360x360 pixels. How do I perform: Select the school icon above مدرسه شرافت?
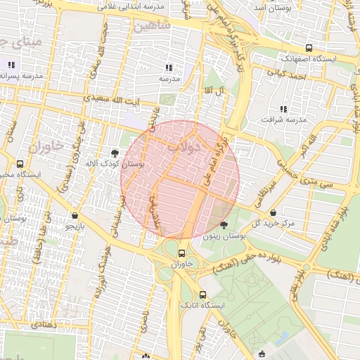(283, 109)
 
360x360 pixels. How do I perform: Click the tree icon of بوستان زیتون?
(224, 225)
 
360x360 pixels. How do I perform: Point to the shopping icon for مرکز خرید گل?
(273, 212)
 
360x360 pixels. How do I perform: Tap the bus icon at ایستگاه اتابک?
(203, 295)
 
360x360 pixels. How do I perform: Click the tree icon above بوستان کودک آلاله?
(114, 152)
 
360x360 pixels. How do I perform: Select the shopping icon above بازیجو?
(75, 215)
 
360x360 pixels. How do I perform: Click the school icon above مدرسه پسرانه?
(11, 65)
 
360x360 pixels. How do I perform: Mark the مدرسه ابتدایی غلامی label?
(146, 6)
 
